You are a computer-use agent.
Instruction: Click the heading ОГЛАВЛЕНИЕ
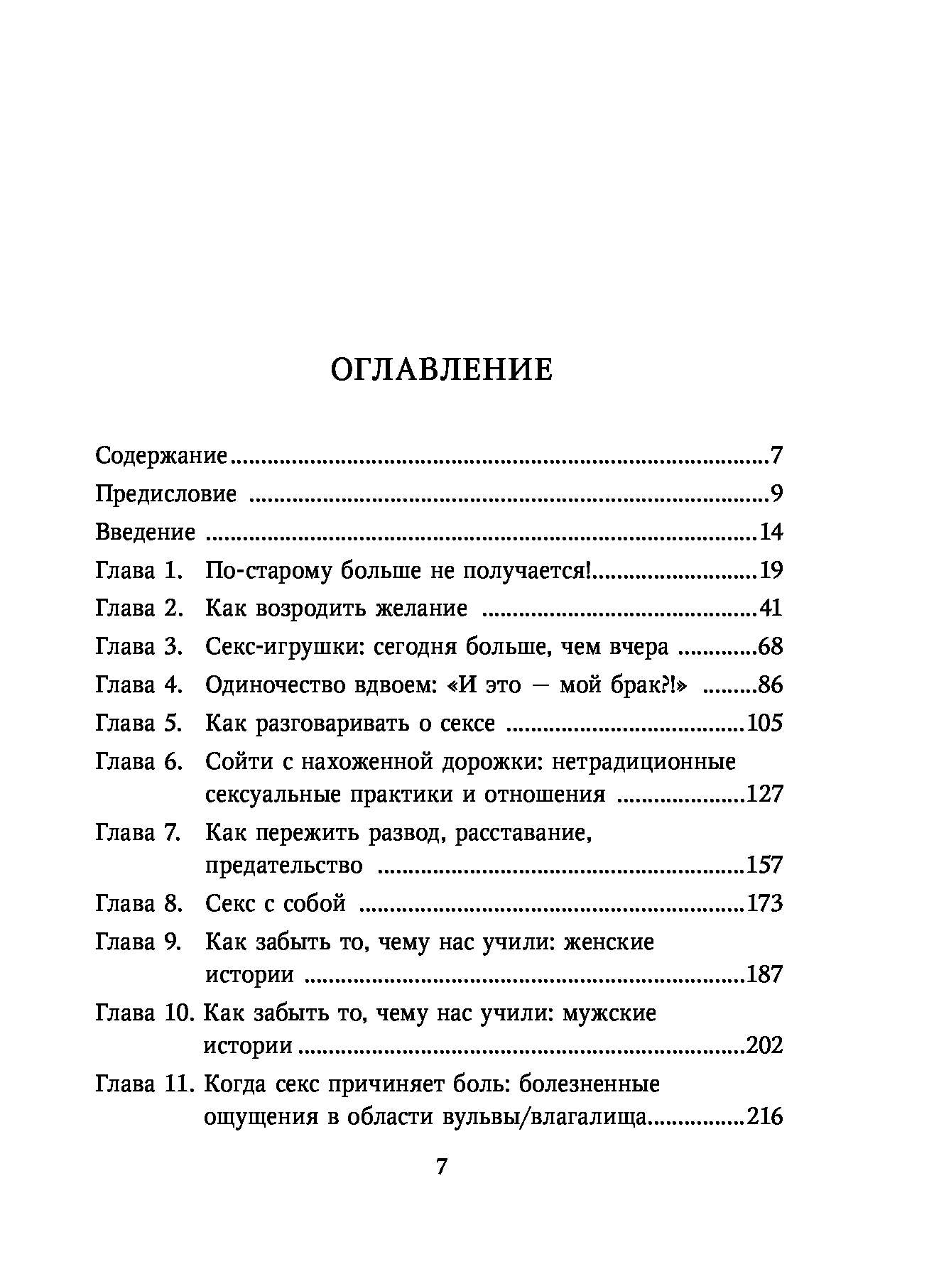pyautogui.click(x=442, y=371)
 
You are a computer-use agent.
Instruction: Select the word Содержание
pyautogui.click(x=161, y=455)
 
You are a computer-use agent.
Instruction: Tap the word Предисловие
pyautogui.click(x=165, y=494)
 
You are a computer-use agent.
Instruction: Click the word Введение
pyautogui.click(x=145, y=532)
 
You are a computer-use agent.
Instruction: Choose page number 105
pyautogui.click(x=764, y=724)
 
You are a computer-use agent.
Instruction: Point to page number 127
pyautogui.click(x=764, y=794)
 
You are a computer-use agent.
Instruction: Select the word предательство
pyautogui.click(x=283, y=866)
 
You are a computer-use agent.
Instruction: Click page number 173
pyautogui.click(x=764, y=904)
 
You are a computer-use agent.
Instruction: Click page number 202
pyautogui.click(x=764, y=1045)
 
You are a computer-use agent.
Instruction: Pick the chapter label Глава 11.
pyautogui.click(x=143, y=1084)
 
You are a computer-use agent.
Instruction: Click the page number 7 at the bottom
pyautogui.click(x=442, y=1167)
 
